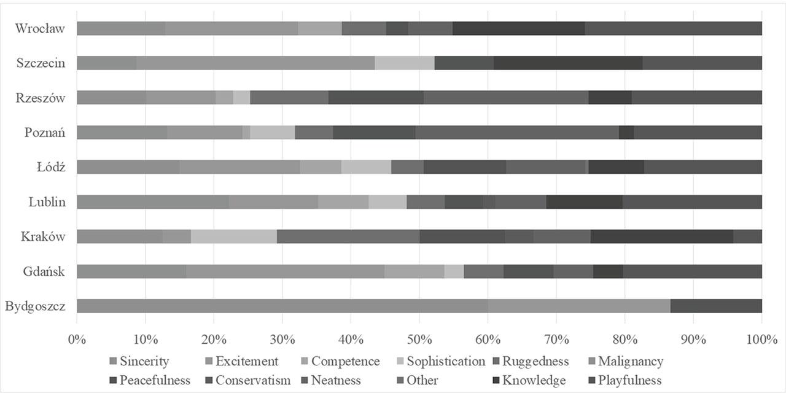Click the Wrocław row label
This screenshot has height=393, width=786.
click(40, 28)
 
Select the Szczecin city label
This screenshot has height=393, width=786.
click(41, 63)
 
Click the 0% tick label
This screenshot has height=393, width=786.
click(77, 338)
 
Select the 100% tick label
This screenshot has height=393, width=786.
click(761, 338)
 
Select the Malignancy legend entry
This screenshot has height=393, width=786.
click(625, 362)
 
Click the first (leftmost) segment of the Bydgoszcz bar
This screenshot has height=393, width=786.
click(282, 306)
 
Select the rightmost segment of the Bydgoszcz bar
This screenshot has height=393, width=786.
click(715, 306)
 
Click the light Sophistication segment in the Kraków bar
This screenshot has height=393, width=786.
click(234, 237)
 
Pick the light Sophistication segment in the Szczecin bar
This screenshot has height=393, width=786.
click(405, 63)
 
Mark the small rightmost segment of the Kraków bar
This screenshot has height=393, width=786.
click(747, 237)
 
